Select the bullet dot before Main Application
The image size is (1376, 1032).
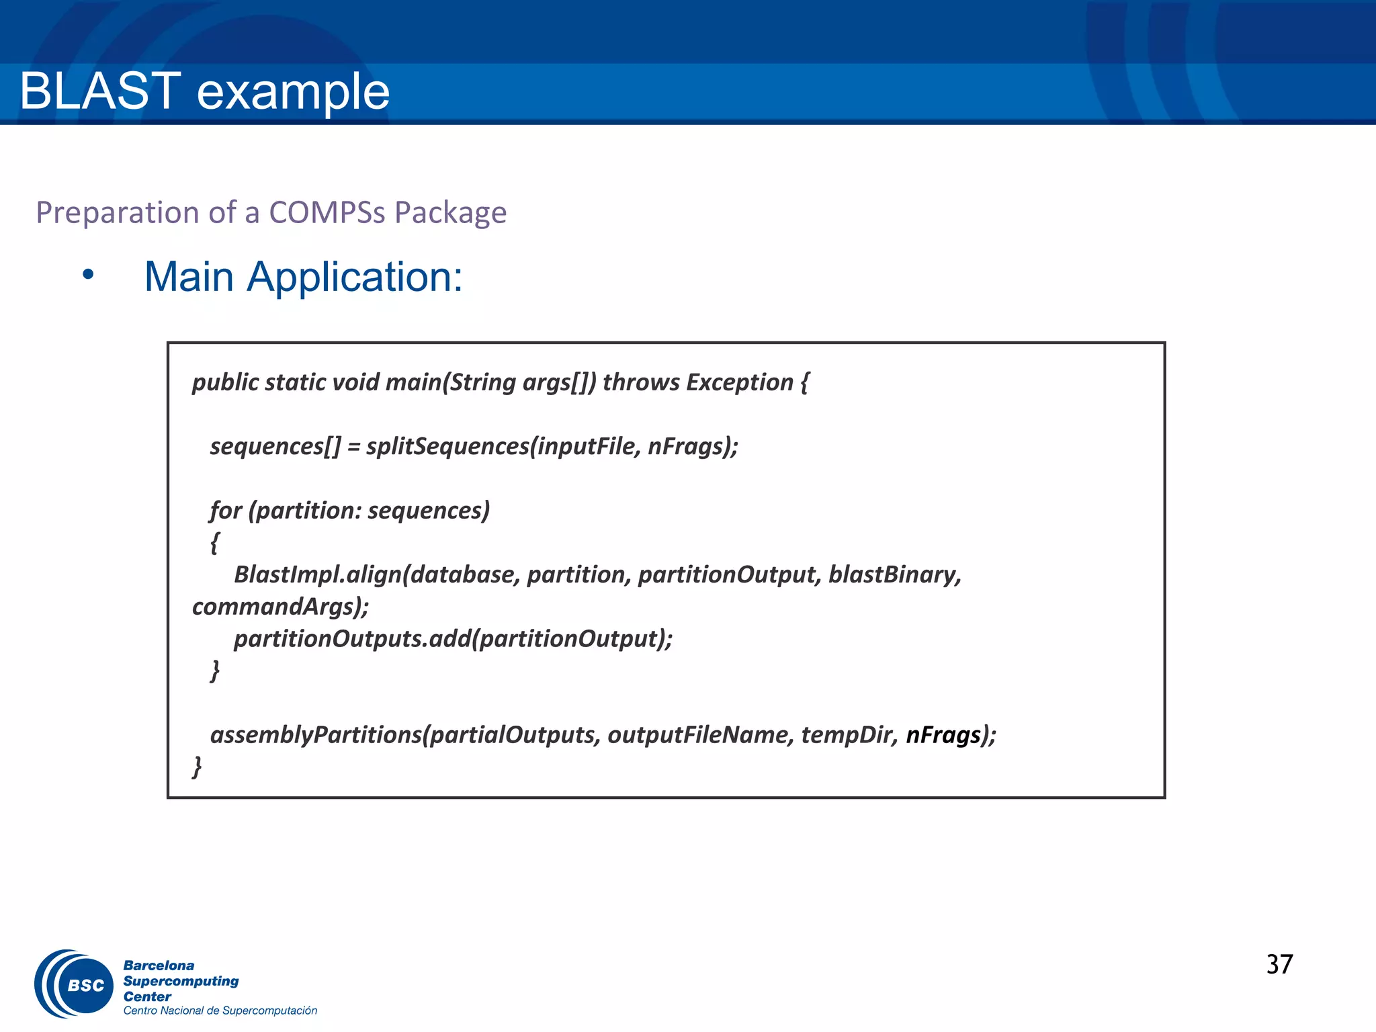click(88, 274)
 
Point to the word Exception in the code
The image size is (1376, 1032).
click(740, 382)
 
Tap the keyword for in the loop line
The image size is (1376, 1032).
click(226, 511)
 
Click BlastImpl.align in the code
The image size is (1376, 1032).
click(317, 574)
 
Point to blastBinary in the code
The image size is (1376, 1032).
click(894, 574)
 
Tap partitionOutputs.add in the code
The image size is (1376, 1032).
click(351, 638)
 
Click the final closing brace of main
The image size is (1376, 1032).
click(197, 766)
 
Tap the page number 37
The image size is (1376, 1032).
click(1279, 965)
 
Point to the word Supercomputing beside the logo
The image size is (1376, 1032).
click(181, 981)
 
